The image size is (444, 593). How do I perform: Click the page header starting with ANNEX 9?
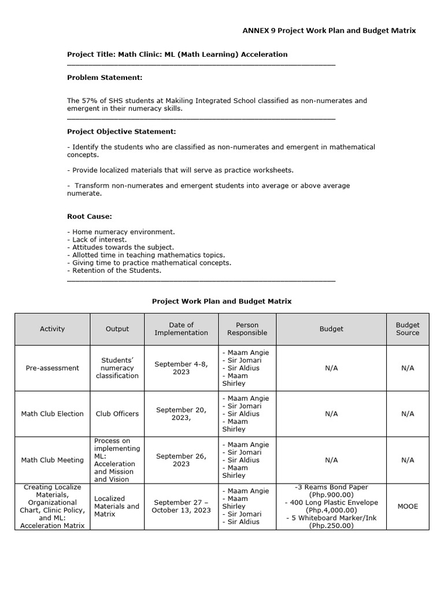[x=328, y=31]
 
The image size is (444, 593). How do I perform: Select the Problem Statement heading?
[x=104, y=78]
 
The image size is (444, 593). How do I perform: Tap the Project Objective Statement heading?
[x=121, y=132]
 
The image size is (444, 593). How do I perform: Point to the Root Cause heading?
[x=89, y=217]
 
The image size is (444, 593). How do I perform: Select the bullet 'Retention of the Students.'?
[x=114, y=270]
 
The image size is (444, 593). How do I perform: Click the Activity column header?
[x=52, y=329]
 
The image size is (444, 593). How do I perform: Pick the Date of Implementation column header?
[x=181, y=329]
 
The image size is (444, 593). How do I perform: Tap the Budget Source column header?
[x=408, y=329]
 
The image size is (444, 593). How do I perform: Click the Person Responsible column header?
[x=247, y=329]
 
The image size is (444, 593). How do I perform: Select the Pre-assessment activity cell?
[x=52, y=368]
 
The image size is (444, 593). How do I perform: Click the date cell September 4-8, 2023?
[x=181, y=368]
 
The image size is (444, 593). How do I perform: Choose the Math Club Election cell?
[x=52, y=414]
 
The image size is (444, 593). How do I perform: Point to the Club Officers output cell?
[x=117, y=414]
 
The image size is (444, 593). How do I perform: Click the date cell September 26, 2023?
[x=181, y=460]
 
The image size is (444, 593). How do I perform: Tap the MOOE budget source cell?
[x=408, y=506]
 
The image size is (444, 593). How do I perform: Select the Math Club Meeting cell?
[x=52, y=460]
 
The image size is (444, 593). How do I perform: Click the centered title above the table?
[x=221, y=301]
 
